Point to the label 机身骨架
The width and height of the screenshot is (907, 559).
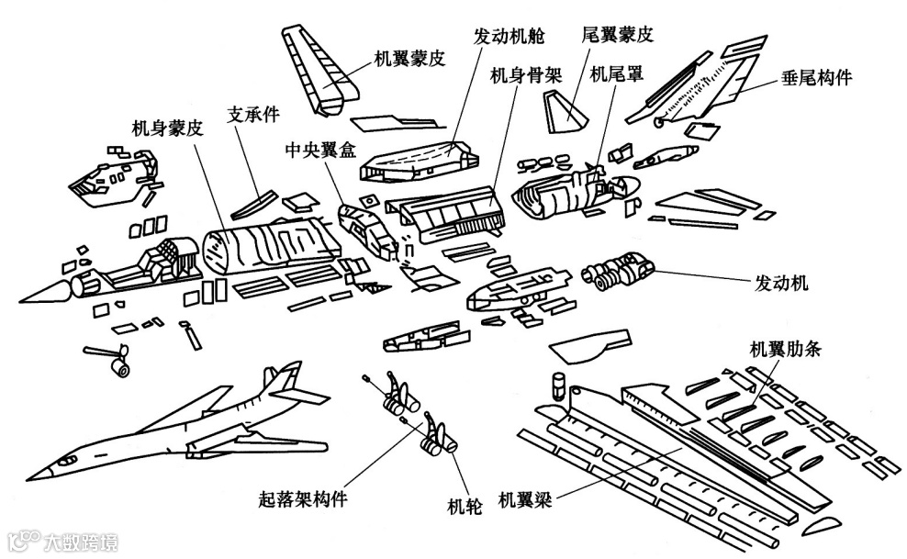click(525, 74)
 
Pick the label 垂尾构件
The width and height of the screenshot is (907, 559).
click(816, 77)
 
